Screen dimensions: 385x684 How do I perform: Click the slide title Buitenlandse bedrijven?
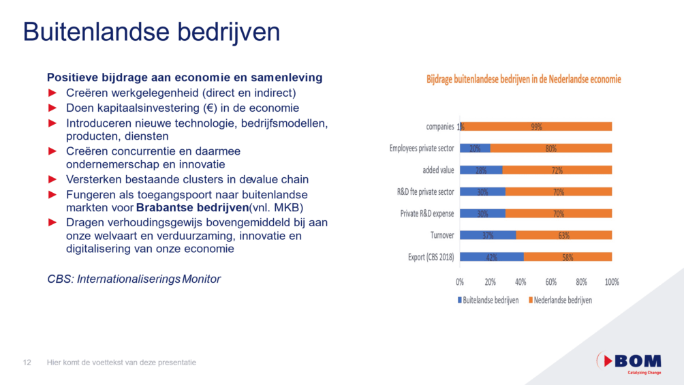point(151,32)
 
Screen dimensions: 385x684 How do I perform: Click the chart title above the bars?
point(523,80)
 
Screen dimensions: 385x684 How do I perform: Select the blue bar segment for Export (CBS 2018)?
point(491,257)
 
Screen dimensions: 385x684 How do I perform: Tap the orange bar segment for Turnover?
point(563,235)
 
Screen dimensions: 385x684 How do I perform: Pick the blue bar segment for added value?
point(481,170)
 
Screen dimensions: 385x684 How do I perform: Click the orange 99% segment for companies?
point(538,126)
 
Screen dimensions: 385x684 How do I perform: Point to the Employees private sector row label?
point(422,148)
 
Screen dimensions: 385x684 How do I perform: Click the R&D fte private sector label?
point(425,191)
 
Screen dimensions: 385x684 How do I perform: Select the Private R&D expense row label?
point(427,213)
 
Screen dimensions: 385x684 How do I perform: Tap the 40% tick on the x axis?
point(520,281)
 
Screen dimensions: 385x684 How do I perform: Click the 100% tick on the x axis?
point(612,281)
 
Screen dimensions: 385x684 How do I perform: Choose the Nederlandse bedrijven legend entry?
point(559,300)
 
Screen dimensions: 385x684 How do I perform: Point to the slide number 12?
point(28,363)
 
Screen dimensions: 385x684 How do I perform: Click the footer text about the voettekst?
point(121,363)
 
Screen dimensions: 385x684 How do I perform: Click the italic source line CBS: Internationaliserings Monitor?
point(134,279)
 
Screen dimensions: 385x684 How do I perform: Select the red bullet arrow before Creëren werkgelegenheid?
point(52,93)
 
